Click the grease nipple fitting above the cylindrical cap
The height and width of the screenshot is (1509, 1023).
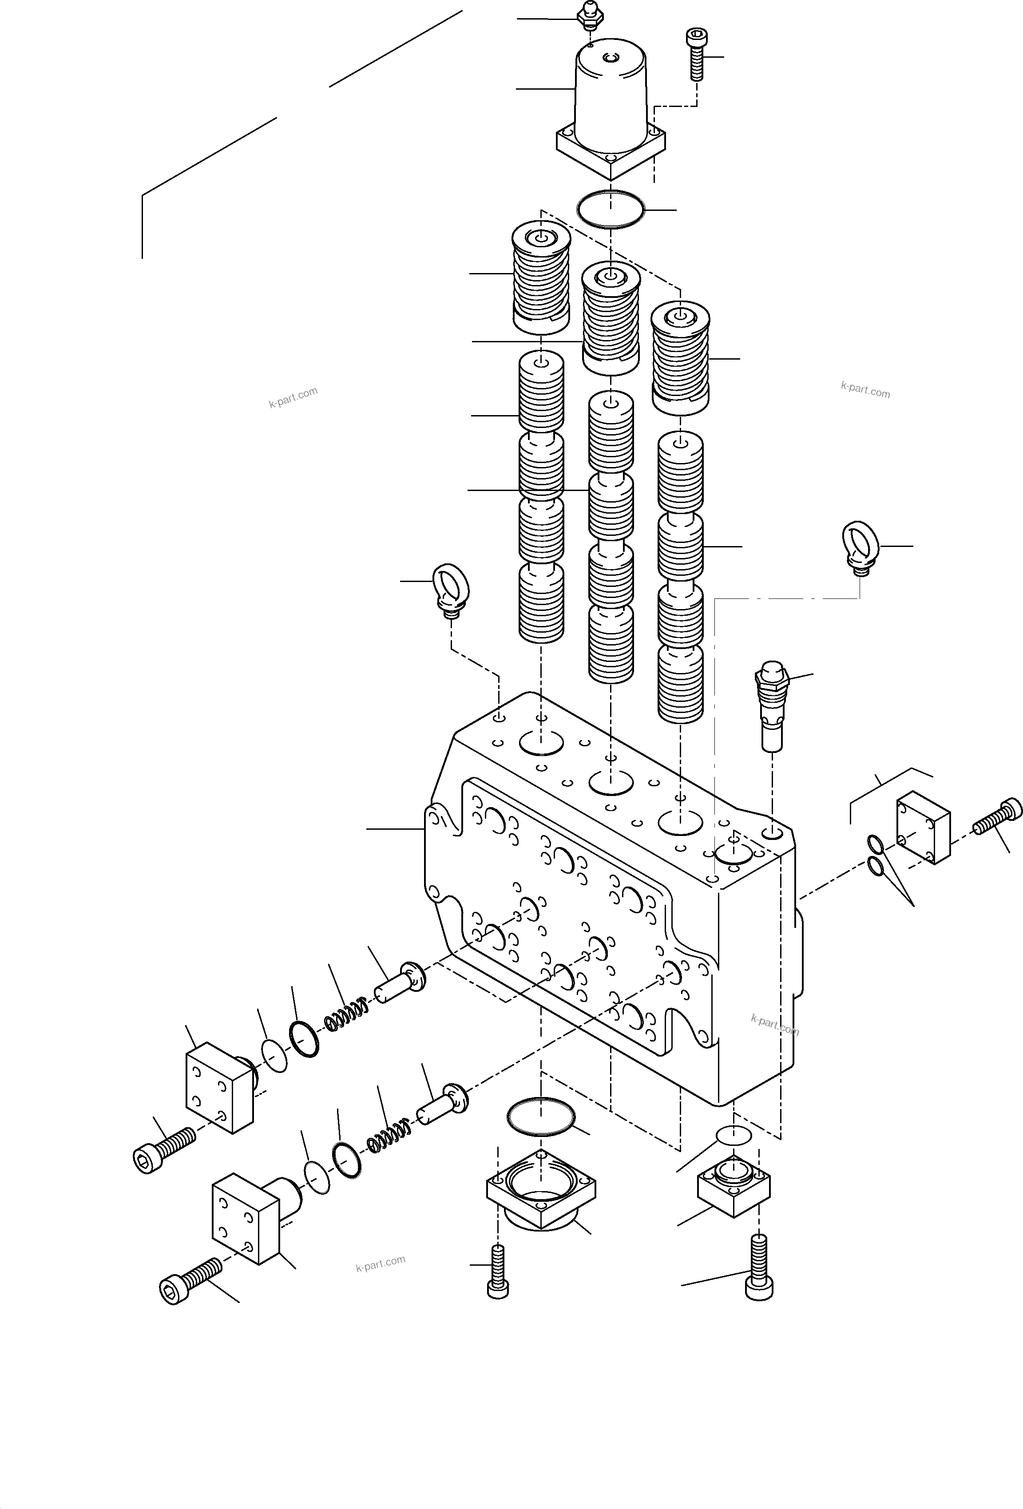[589, 16]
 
